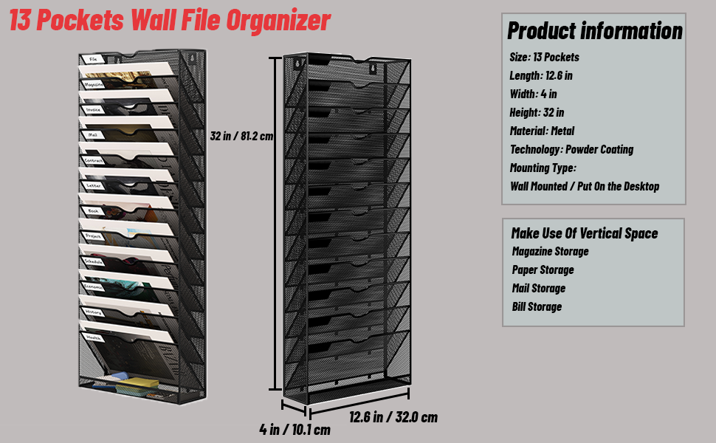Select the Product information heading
coord(594,30)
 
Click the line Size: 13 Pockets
coord(544,57)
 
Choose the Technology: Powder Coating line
coord(571,149)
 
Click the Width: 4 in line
coord(533,94)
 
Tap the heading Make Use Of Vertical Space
coord(584,233)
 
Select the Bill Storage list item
coord(537,306)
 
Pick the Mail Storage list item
coord(539,288)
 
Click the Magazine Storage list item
coord(550,251)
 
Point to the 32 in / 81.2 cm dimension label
coord(241,137)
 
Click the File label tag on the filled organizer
coord(94,59)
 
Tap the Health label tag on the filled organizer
coord(94,337)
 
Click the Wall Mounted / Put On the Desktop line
coord(585,186)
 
